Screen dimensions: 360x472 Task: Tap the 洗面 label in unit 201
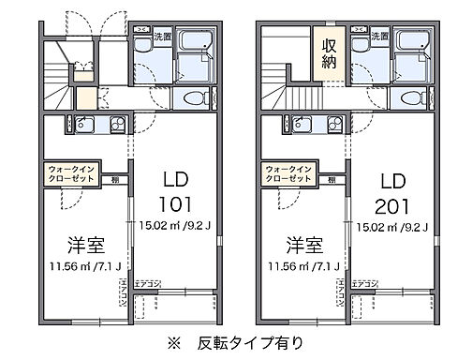[x=379, y=36]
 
